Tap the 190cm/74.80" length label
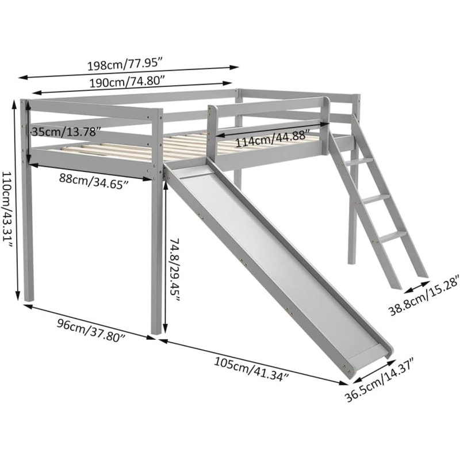pos(126,82)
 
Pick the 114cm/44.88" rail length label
pos(273,139)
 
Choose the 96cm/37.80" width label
pos(91,331)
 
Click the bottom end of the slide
pos(370,362)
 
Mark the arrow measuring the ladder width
pos(417,287)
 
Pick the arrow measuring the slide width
pos(374,371)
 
